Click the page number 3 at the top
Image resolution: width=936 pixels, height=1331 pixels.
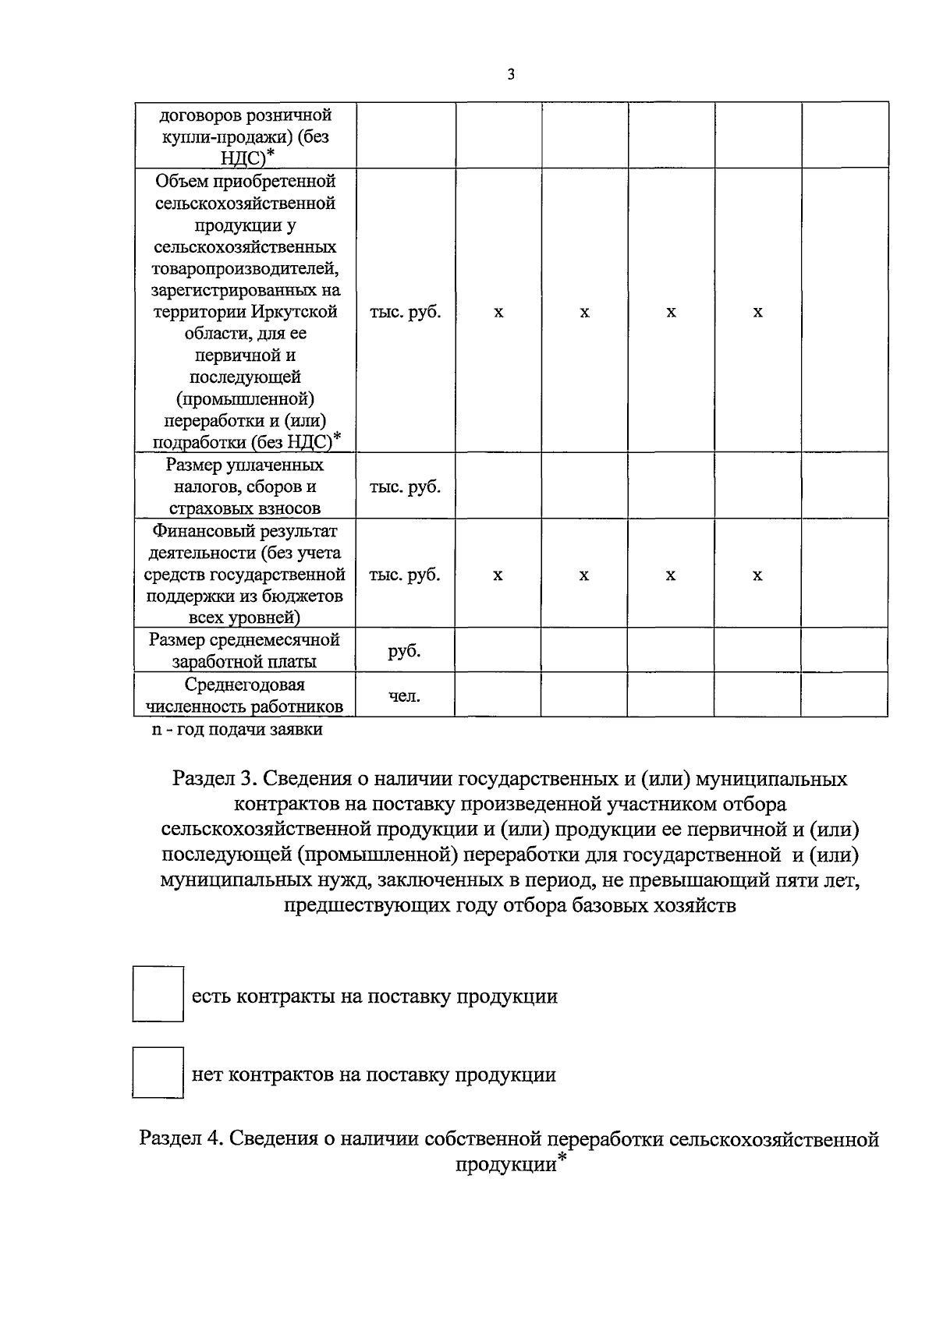(x=510, y=75)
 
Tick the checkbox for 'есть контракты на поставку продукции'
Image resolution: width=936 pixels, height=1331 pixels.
(x=158, y=993)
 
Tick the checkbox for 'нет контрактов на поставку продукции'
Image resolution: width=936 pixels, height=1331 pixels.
(x=158, y=1073)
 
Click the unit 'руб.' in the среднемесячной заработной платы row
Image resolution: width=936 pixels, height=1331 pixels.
(x=404, y=650)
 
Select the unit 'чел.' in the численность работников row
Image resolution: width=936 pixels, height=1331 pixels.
(x=404, y=696)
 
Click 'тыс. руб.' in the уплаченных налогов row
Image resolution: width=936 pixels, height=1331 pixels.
(x=404, y=487)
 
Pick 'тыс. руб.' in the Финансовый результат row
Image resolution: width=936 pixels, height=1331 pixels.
(x=404, y=575)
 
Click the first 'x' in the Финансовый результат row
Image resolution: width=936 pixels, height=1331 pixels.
(x=498, y=575)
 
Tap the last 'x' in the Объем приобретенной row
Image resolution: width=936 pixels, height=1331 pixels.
(x=757, y=313)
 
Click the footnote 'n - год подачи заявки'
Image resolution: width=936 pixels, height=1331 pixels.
(x=236, y=730)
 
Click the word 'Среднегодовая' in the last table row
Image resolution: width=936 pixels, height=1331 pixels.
(x=244, y=685)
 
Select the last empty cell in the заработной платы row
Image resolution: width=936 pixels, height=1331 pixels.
(x=845, y=650)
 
